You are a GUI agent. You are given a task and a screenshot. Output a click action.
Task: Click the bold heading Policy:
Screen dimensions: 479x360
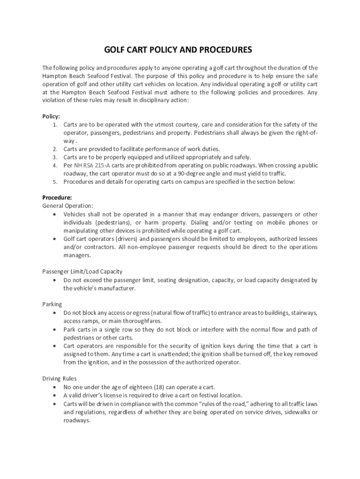51,116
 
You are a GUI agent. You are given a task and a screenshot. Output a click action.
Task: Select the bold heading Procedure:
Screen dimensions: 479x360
57,197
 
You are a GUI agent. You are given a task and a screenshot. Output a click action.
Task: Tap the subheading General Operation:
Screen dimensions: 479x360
68,205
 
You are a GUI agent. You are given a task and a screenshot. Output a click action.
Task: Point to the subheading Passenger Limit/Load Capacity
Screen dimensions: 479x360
82,271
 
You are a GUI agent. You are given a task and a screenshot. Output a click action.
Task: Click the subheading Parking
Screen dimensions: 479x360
52,304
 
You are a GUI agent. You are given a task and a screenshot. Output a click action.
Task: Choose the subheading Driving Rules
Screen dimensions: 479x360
59,378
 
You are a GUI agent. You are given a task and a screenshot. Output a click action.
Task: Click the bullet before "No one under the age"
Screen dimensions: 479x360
55,387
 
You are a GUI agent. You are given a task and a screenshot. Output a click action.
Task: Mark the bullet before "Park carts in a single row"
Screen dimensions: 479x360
55,329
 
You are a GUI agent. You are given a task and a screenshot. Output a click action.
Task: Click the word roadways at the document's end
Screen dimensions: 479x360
76,420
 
